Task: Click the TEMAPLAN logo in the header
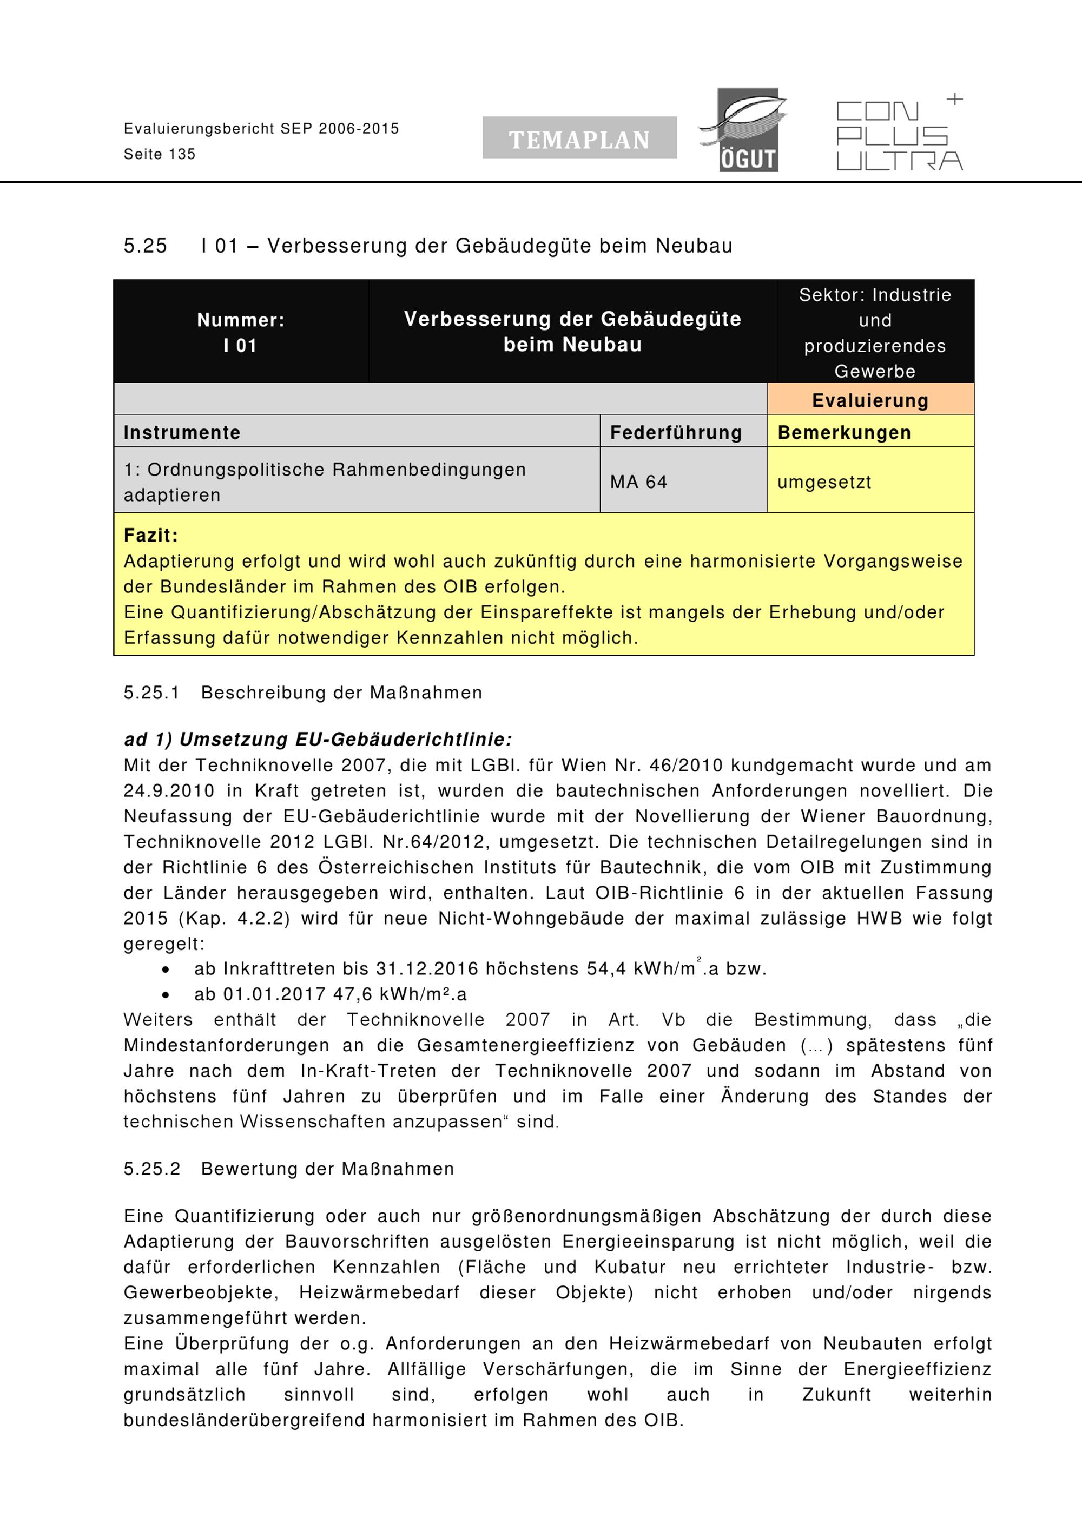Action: coord(579,138)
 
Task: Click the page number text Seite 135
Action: coord(160,155)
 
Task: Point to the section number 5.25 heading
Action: coord(145,246)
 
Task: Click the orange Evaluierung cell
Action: coord(870,400)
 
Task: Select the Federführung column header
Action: coord(676,432)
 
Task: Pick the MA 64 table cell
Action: coord(638,482)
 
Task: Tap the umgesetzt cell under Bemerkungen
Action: coord(824,482)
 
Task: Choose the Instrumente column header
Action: coord(182,432)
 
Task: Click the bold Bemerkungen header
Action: coord(844,432)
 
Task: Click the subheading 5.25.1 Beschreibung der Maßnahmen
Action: coord(302,693)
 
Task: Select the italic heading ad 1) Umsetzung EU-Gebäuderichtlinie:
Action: coord(318,739)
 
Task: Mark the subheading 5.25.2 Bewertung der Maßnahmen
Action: coord(288,1168)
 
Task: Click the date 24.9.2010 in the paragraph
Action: coord(169,790)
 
